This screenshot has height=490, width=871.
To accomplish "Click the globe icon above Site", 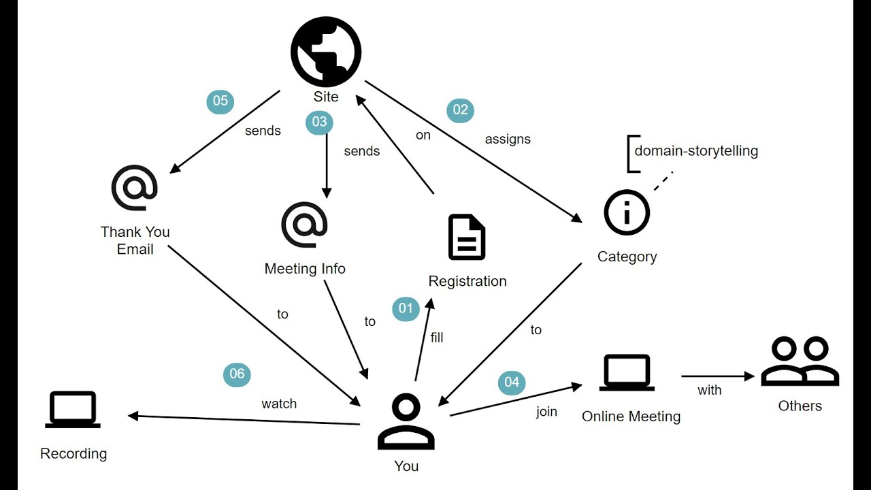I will click(326, 52).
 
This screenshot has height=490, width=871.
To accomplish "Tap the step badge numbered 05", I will click(220, 101).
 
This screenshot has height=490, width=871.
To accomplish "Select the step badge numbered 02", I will click(460, 110).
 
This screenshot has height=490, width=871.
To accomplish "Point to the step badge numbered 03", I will click(319, 122).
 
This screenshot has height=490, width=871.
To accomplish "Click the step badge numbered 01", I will click(406, 308).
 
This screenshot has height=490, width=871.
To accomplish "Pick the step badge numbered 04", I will click(512, 382).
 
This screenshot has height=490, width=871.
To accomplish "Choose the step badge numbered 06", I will click(237, 374).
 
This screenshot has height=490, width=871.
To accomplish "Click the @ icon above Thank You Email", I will click(135, 188).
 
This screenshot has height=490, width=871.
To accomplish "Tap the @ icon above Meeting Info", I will click(304, 224).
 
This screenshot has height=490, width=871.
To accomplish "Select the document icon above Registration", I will click(467, 238).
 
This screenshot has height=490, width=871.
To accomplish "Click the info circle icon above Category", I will click(627, 212).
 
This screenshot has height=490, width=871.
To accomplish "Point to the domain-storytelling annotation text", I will click(695, 151).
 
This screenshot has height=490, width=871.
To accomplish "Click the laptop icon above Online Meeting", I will click(627, 372).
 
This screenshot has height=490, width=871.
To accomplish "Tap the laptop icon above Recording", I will click(73, 409).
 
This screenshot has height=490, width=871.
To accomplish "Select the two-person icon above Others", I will click(800, 361).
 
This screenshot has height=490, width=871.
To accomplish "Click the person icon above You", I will click(406, 423).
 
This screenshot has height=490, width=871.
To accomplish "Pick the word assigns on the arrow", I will click(508, 140).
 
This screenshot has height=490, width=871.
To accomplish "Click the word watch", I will click(279, 404).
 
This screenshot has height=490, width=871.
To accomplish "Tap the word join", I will click(546, 412).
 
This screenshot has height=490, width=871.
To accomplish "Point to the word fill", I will click(437, 338).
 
